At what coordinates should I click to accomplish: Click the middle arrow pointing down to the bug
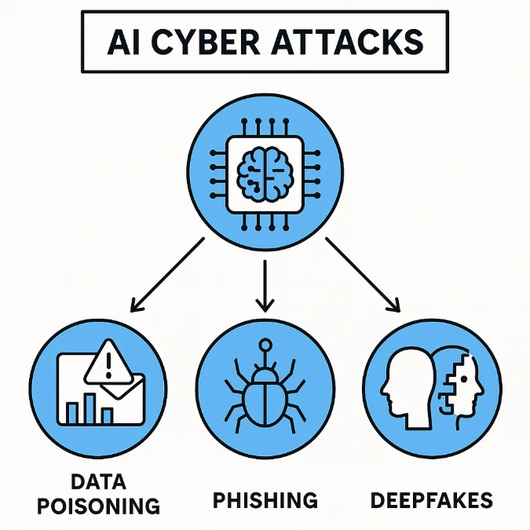pos(265,283)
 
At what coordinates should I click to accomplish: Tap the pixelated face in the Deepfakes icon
pos(460,382)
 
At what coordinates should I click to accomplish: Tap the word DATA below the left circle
pos(98,480)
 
